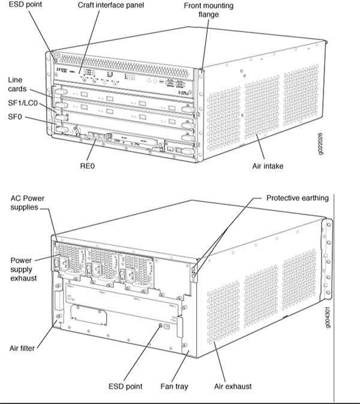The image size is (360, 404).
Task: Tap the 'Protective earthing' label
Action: (x=297, y=198)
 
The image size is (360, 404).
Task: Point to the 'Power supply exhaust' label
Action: (x=25, y=269)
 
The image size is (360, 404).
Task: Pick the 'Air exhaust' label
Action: (x=233, y=386)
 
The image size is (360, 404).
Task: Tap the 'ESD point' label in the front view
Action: (x=21, y=5)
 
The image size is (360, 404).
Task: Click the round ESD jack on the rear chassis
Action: (x=160, y=327)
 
